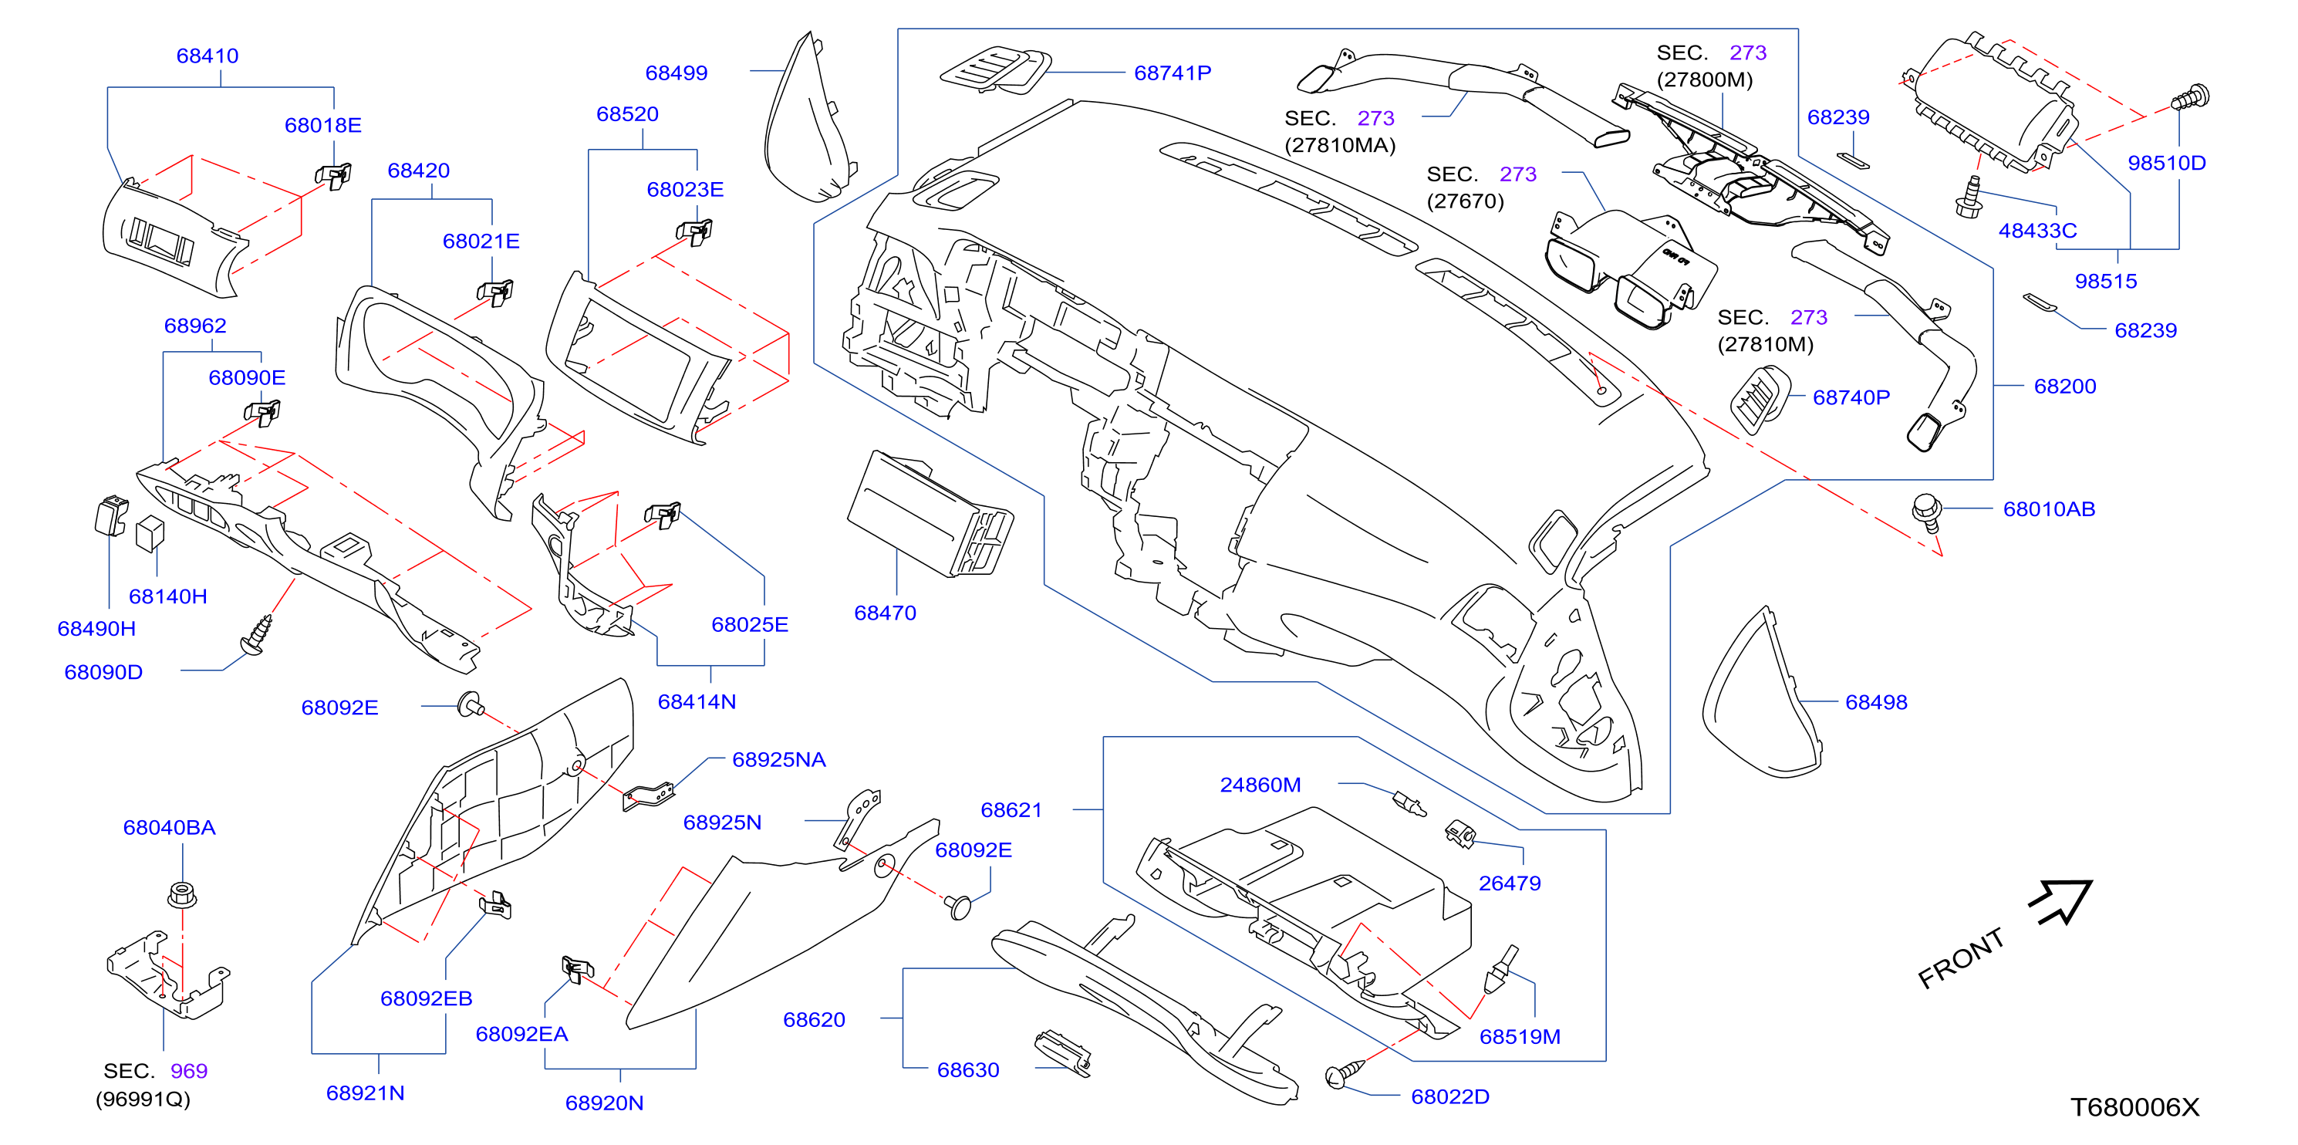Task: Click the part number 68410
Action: point(207,56)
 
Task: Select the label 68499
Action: point(677,73)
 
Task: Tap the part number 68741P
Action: point(1173,73)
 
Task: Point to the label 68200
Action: point(2065,387)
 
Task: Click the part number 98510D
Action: point(2167,164)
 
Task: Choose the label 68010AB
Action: point(2049,509)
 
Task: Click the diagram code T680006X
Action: point(2134,1107)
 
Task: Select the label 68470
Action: point(885,613)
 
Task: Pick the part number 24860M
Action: point(1260,785)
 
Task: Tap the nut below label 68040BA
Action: point(182,894)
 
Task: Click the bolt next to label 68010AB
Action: point(1928,513)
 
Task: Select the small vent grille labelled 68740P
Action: point(1760,400)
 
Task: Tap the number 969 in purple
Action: point(188,1071)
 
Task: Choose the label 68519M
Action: point(1520,1037)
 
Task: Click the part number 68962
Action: point(194,326)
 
